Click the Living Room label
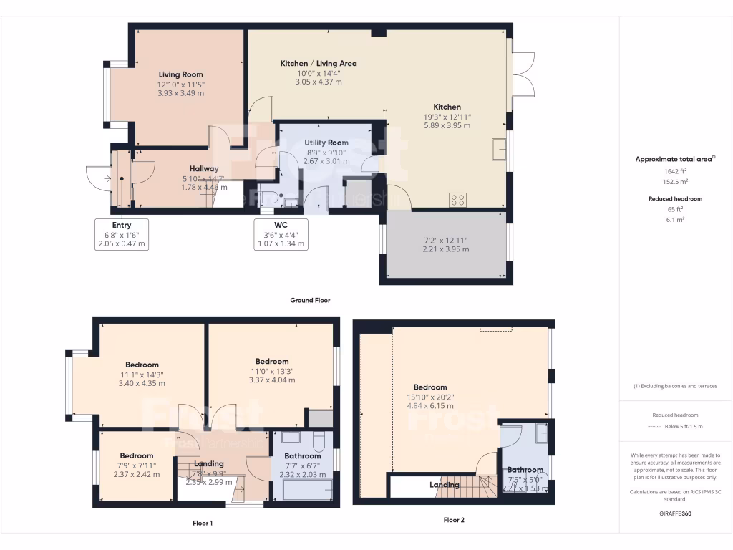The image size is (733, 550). coord(180,74)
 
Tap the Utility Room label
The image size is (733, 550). coord(326,143)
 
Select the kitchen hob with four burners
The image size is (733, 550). coord(458,201)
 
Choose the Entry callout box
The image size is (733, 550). coord(121,234)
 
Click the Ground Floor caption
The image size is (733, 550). coord(310,301)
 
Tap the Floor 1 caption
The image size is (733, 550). coord(203,524)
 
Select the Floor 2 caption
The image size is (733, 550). coord(454,520)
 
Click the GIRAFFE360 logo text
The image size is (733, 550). coord(676,513)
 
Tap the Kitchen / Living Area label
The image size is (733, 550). coord(318,63)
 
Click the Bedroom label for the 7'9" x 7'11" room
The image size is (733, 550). coord(136,455)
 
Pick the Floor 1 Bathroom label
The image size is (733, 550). coord(302,455)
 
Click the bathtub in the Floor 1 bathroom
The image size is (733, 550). coord(308,491)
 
